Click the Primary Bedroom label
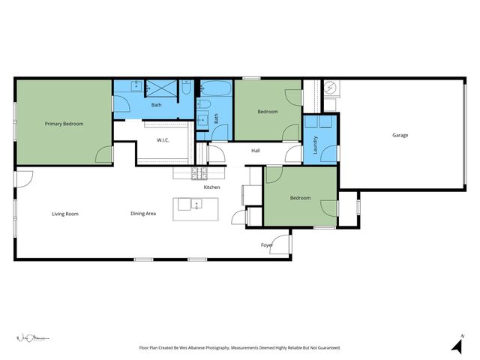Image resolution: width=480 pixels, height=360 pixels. click(x=64, y=124)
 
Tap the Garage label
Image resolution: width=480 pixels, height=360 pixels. click(x=400, y=135)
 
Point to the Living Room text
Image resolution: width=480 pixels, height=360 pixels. click(x=65, y=214)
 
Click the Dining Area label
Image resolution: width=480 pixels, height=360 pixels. click(x=143, y=214)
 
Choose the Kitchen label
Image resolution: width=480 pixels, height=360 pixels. click(x=212, y=187)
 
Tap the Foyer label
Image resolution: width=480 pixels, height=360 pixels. click(x=266, y=245)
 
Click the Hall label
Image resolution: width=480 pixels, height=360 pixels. click(x=256, y=151)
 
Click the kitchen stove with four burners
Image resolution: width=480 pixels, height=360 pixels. click(x=199, y=173)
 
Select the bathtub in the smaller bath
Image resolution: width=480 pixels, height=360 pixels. click(x=217, y=88)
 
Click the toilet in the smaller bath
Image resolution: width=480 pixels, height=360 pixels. click(x=203, y=105)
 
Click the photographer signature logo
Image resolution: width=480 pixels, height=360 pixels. click(x=31, y=338)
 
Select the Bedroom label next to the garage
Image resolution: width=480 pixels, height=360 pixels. click(x=300, y=198)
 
